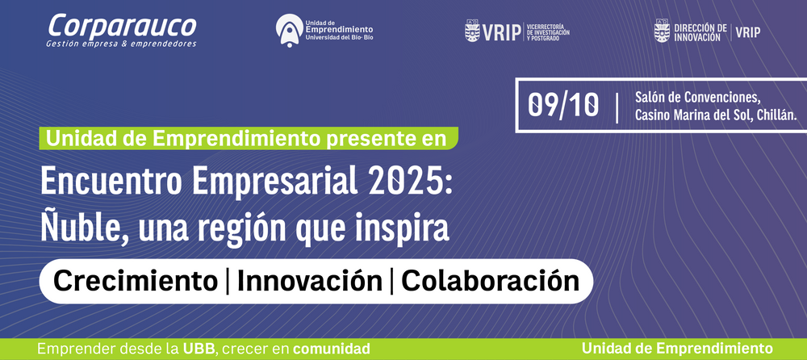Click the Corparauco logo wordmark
122,27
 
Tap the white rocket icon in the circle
289,31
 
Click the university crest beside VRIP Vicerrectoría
472,31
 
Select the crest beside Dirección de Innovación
662,31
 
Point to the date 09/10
563,105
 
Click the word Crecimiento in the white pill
136,281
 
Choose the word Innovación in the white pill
310,281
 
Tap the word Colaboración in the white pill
491,281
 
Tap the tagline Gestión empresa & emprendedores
122,44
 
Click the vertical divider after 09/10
617,107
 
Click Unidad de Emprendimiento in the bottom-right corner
677,349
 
